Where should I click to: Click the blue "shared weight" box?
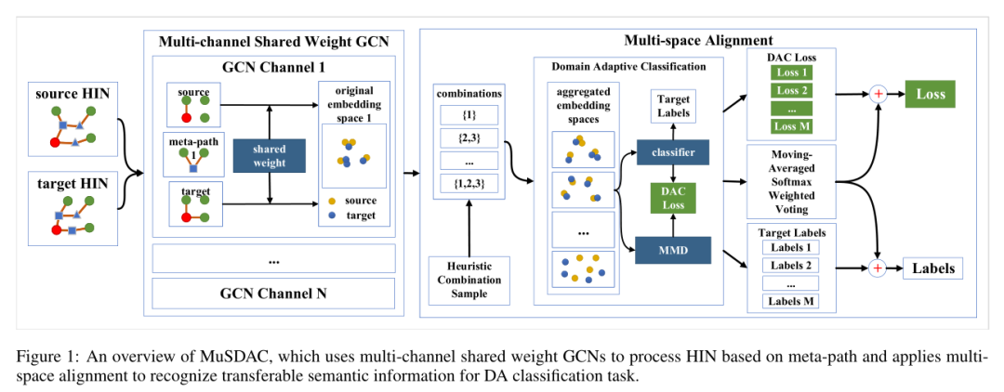269,155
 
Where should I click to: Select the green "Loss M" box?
793,127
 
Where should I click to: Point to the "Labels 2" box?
793,266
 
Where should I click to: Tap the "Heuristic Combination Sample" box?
469,280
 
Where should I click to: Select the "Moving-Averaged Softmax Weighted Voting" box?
793,181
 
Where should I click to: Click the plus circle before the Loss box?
876,95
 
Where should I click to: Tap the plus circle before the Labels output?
876,269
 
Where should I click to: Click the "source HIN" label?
71,95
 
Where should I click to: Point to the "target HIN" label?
71,184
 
